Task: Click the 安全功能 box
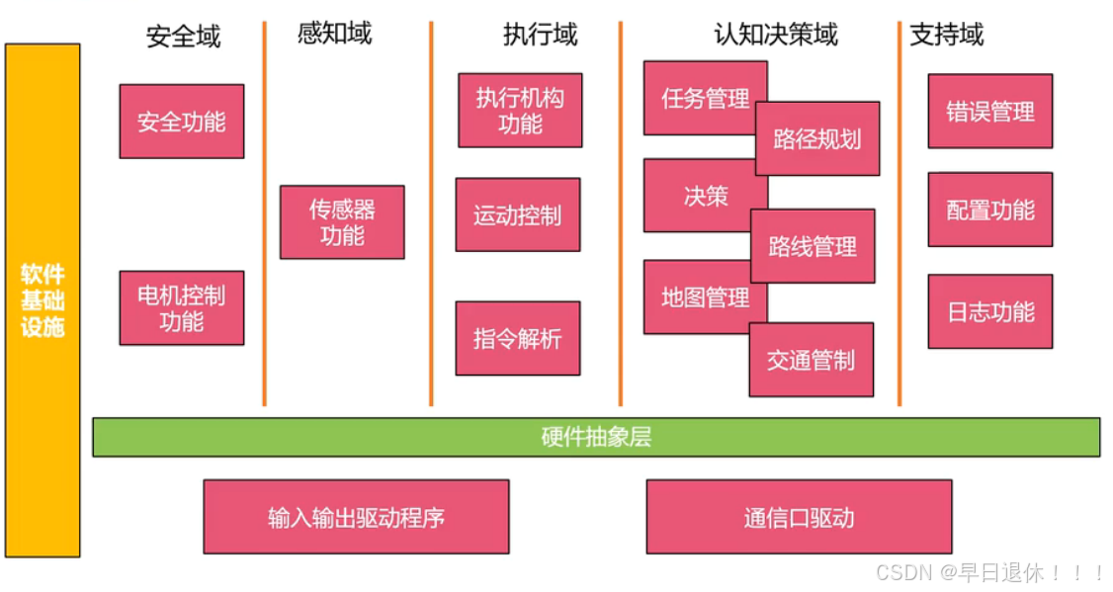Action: point(181,122)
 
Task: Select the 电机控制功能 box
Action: point(181,307)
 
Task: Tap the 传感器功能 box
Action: point(341,222)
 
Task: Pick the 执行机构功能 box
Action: point(520,110)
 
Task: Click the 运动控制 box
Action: point(517,214)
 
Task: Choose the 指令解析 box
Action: point(517,338)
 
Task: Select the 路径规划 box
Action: point(817,138)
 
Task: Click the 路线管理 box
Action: point(813,246)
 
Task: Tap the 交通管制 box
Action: point(811,360)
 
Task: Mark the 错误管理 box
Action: point(989,111)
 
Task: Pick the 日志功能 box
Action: point(989,311)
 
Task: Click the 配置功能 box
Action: point(989,210)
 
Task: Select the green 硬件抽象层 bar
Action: point(596,437)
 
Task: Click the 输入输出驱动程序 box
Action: point(356,516)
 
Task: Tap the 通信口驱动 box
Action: point(799,516)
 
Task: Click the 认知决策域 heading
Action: point(775,35)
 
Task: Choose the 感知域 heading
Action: point(334,33)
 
